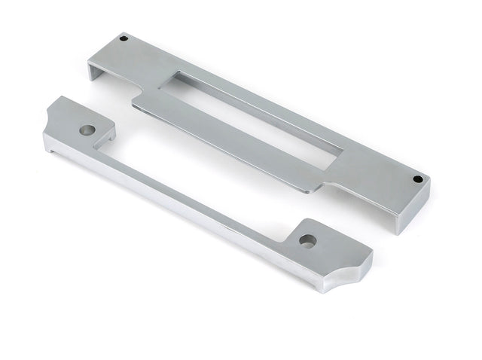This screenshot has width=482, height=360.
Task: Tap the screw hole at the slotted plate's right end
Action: coord(418,179)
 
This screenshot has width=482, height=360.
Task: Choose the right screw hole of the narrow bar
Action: coord(307,241)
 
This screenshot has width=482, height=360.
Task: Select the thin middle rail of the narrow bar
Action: coord(196,188)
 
